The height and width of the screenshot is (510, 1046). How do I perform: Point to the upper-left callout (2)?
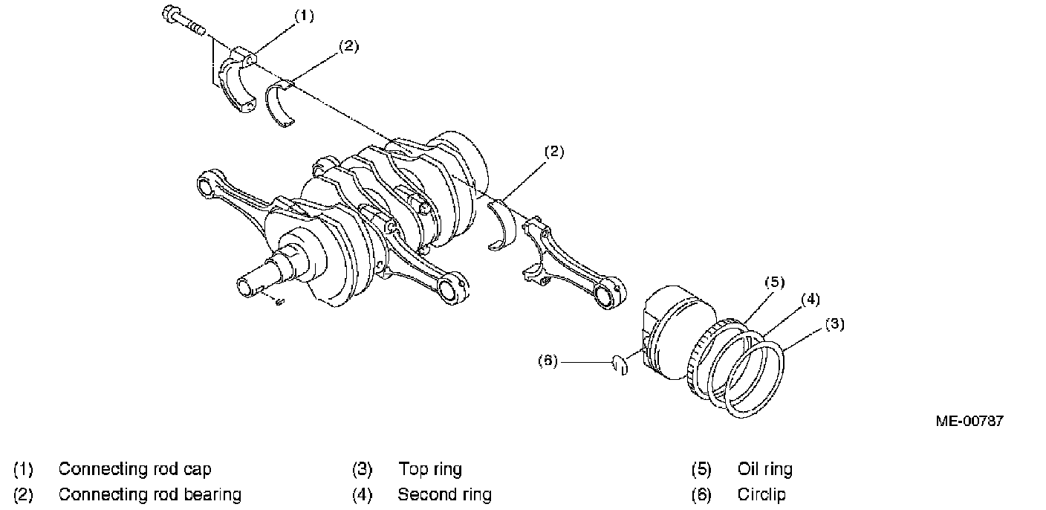point(348,45)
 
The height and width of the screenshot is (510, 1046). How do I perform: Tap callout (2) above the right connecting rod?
point(554,152)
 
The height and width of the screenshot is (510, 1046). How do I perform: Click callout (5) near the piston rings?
point(774,282)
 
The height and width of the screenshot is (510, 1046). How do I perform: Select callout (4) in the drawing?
point(810,300)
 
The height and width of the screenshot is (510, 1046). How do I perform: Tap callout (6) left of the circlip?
point(546,361)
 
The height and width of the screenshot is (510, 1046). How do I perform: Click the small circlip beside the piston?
point(620,365)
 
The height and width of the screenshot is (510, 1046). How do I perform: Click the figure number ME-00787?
point(969,422)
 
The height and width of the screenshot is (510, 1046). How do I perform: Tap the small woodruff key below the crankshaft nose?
point(279,301)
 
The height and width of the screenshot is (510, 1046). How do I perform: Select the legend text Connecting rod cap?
point(134,469)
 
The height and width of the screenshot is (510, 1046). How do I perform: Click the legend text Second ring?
point(444,494)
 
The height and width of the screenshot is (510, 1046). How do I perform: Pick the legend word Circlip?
point(761,494)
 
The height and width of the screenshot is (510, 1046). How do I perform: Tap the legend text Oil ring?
point(764,469)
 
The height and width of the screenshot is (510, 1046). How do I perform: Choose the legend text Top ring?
point(429,469)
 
